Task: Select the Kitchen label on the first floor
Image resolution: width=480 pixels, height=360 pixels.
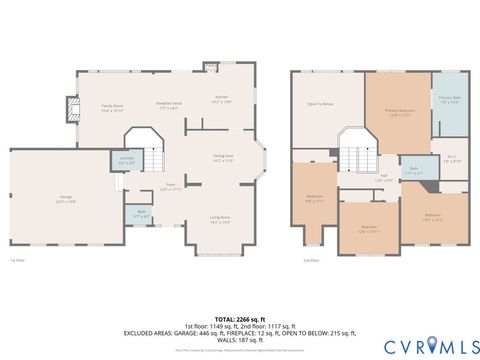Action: (221, 100)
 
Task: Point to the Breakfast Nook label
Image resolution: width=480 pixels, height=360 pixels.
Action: (169, 106)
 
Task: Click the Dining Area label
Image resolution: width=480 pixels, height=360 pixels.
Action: (222, 156)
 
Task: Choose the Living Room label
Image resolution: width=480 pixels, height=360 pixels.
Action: (220, 219)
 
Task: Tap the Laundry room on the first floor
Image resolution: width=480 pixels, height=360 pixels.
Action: (127, 160)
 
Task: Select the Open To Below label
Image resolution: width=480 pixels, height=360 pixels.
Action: (320, 103)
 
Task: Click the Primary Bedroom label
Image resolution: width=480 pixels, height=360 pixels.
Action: (400, 114)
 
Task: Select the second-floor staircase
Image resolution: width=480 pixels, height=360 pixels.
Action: (353, 155)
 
